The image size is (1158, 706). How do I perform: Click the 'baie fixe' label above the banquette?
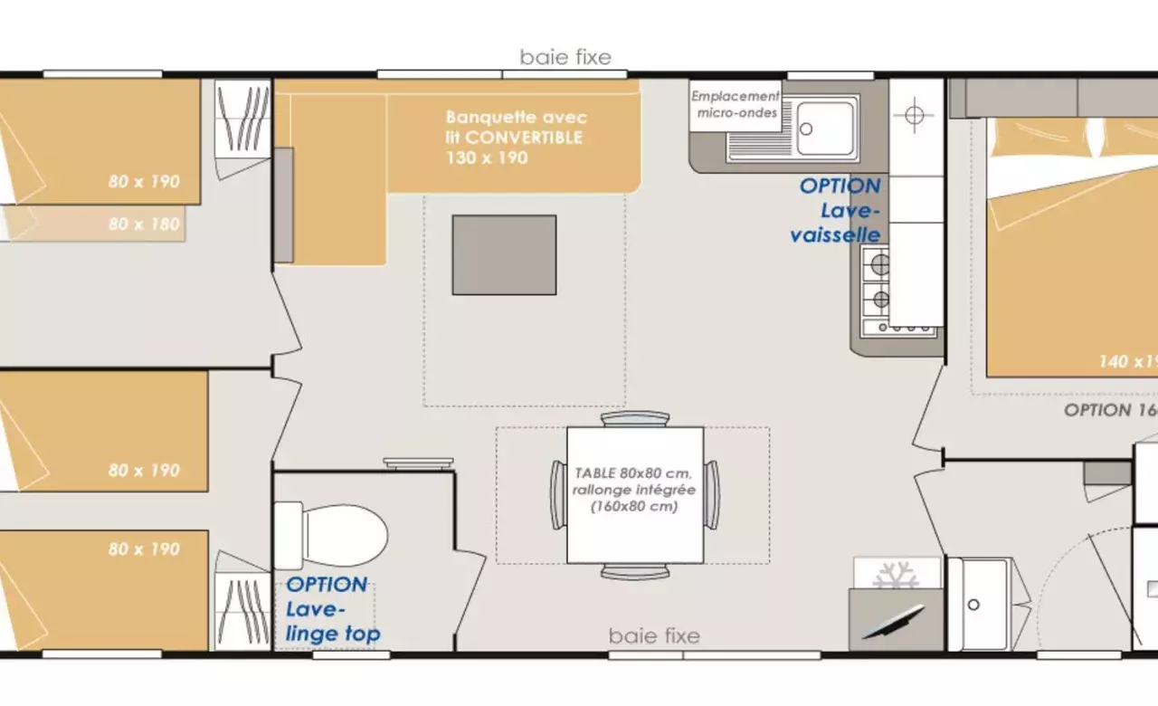click(565, 58)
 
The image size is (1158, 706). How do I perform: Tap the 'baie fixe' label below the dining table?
click(654, 635)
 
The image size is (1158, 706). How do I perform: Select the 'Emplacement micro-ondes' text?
click(736, 104)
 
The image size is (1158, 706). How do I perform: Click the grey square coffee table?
click(504, 254)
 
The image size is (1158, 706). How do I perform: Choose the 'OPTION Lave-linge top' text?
click(332, 609)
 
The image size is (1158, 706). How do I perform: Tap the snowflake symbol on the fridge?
click(896, 575)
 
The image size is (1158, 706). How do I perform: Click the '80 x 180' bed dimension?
click(144, 224)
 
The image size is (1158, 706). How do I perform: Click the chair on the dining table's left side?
click(557, 494)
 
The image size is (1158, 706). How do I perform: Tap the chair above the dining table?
click(635, 418)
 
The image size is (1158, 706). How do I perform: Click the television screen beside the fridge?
click(892, 622)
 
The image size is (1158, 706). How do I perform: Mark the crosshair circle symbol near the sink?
click(915, 115)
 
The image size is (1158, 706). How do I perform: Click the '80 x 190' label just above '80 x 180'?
click(144, 181)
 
